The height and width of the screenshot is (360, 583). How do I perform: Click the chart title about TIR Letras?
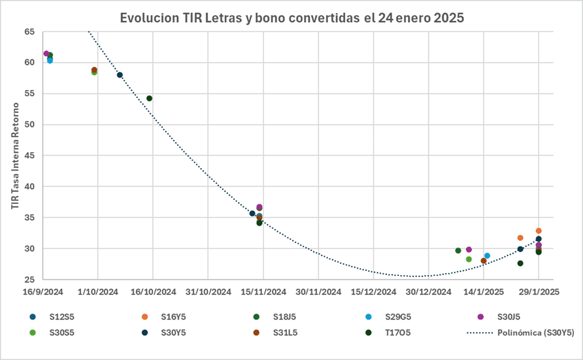tap(291, 18)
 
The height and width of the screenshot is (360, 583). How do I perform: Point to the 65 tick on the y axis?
tap(30, 31)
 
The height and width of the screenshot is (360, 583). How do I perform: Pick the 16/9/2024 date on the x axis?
tap(42, 292)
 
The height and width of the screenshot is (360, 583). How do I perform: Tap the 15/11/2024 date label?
tap(263, 292)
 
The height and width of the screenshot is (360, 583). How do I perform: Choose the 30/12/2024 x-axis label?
tap(429, 292)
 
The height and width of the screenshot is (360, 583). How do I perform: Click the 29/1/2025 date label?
tap(539, 292)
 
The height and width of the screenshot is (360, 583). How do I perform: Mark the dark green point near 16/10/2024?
tap(149, 99)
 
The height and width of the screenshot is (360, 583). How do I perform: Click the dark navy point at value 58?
tap(120, 75)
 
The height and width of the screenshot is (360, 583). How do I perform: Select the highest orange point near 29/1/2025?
tap(539, 231)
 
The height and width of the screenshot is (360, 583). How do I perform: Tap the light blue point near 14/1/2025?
tap(487, 255)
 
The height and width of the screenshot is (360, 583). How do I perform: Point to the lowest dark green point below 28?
tap(520, 263)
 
